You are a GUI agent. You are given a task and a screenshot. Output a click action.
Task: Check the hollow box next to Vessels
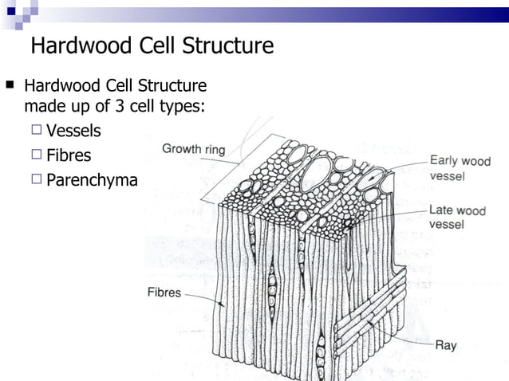[37, 131]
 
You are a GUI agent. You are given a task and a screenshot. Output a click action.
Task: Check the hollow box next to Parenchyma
[37, 180]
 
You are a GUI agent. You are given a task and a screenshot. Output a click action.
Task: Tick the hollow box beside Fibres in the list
[37, 155]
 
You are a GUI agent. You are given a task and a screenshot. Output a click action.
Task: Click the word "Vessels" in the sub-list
[73, 131]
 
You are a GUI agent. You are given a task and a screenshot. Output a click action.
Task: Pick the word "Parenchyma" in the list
[92, 180]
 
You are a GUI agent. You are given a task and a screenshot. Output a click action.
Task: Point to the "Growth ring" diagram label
[194, 148]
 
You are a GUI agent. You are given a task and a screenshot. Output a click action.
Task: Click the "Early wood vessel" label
[460, 167]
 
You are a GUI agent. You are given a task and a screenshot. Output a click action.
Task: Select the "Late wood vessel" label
[457, 218]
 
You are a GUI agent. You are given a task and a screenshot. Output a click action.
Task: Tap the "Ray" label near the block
[445, 346]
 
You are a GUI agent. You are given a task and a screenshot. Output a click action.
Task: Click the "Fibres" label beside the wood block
[164, 293]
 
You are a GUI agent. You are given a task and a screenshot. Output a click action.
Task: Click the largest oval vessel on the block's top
[318, 171]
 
